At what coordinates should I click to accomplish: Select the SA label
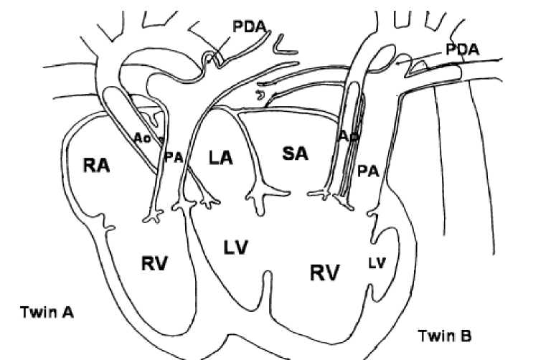point(294,153)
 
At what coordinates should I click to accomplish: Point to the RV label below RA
point(154,263)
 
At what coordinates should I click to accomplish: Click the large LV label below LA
point(235,248)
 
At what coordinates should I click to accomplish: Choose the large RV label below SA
point(325,271)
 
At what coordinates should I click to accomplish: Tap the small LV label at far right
point(377,262)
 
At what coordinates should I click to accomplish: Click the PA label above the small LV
point(367,170)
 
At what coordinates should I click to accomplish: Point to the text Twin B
point(445,334)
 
